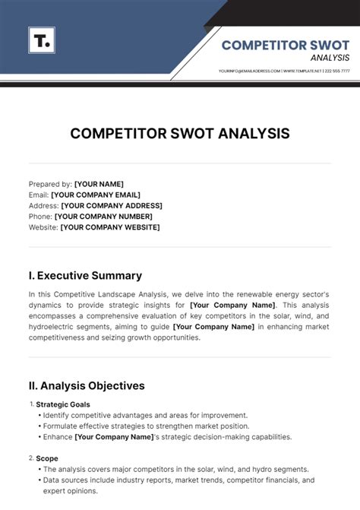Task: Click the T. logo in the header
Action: [x=42, y=40]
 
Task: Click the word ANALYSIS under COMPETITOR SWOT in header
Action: [x=330, y=58]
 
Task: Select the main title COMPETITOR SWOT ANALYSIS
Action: [x=180, y=134]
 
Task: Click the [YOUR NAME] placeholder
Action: [x=99, y=184]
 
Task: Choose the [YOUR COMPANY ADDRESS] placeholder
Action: [x=112, y=205]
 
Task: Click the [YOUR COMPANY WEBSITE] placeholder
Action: [x=110, y=226]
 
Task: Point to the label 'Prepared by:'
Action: [x=50, y=184]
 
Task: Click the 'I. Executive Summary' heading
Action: [x=85, y=276]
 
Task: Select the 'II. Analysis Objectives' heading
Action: [x=87, y=385]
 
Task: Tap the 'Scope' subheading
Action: [x=46, y=458]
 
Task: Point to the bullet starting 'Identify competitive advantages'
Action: [x=144, y=415]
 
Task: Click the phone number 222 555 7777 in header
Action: [x=337, y=71]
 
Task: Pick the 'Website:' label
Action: [x=43, y=226]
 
